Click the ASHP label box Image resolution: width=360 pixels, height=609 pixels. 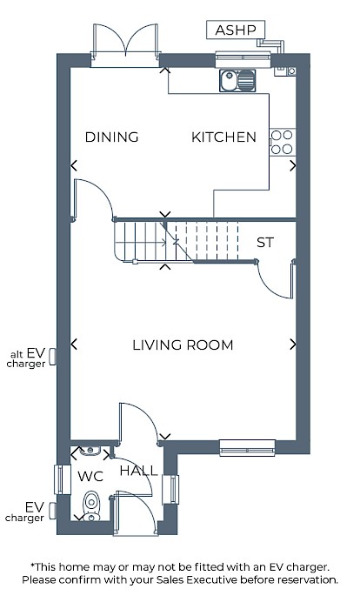click(236, 30)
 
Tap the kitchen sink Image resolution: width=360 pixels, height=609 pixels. click(237, 80)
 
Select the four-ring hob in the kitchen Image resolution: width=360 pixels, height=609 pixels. click(283, 142)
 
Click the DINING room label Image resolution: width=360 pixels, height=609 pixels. click(112, 137)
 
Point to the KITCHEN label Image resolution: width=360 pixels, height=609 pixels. click(223, 137)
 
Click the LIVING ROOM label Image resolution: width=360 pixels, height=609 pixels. click(183, 345)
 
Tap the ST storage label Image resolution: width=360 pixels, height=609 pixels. click(265, 243)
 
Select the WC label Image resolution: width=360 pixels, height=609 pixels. click(90, 476)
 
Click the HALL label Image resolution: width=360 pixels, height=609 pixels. click(138, 471)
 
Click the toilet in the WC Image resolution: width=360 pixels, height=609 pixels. click(91, 505)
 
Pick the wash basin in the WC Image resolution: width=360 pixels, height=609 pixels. click(90, 451)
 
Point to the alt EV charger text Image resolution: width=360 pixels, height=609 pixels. click(26, 358)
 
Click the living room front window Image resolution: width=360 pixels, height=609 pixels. click(247, 447)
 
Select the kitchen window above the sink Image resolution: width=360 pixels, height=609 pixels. click(243, 58)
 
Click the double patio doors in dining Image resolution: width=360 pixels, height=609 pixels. click(125, 45)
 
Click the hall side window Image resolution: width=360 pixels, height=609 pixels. click(170, 489)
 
